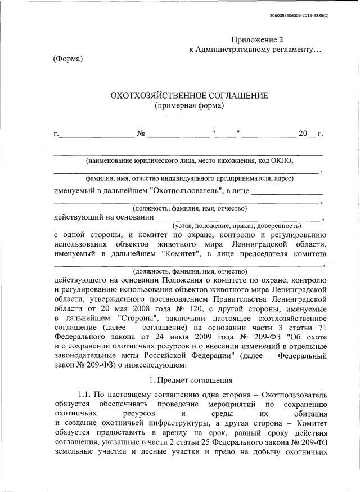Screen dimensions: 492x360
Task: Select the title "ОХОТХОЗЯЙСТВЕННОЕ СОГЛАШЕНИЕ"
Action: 189,95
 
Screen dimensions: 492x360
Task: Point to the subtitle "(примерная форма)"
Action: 189,105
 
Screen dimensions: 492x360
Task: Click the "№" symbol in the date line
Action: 141,133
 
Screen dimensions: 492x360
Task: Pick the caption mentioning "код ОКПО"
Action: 190,160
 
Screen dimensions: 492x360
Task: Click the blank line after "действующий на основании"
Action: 237,217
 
